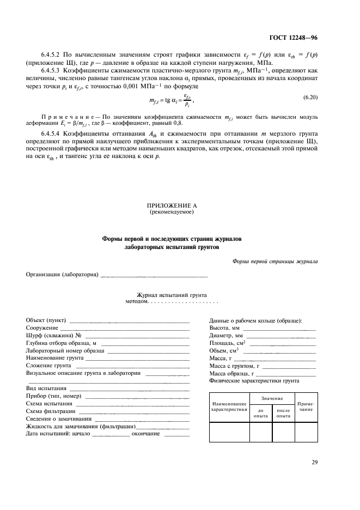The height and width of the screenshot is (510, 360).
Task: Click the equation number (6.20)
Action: coord(310,96)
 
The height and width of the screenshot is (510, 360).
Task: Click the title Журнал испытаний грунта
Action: coord(172,294)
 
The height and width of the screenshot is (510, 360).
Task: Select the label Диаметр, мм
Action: coord(226,335)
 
